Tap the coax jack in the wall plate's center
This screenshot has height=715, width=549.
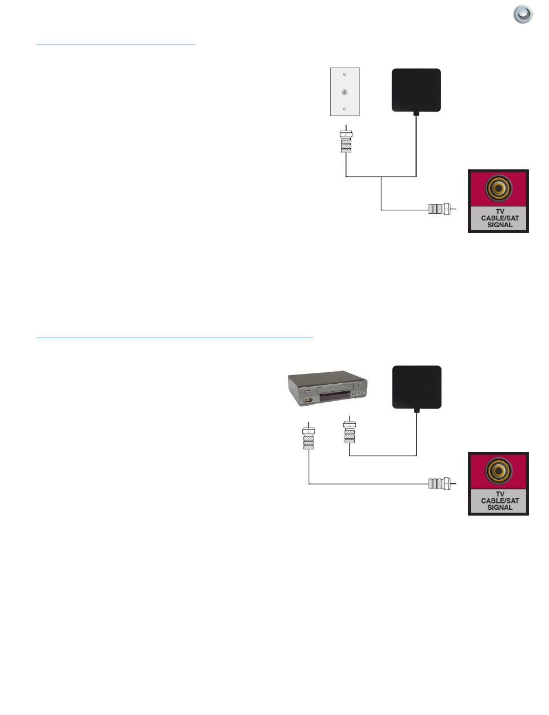pyautogui.click(x=344, y=91)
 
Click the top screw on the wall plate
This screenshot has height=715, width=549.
pyautogui.click(x=344, y=75)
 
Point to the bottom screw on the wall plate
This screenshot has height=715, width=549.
pyautogui.click(x=344, y=109)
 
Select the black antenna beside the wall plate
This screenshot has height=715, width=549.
pyautogui.click(x=416, y=90)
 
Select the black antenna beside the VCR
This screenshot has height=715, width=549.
pyautogui.click(x=416, y=388)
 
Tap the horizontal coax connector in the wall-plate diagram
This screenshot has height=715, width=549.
pyautogui.click(x=439, y=209)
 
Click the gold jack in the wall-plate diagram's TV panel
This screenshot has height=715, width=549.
pyautogui.click(x=498, y=187)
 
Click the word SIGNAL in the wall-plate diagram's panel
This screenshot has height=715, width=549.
pyautogui.click(x=498, y=225)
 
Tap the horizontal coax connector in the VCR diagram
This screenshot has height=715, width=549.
pyautogui.click(x=439, y=483)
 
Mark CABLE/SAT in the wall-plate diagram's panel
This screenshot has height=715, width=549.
pyautogui.click(x=498, y=218)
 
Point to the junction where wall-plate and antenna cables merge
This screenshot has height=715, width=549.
pyautogui.click(x=381, y=176)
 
